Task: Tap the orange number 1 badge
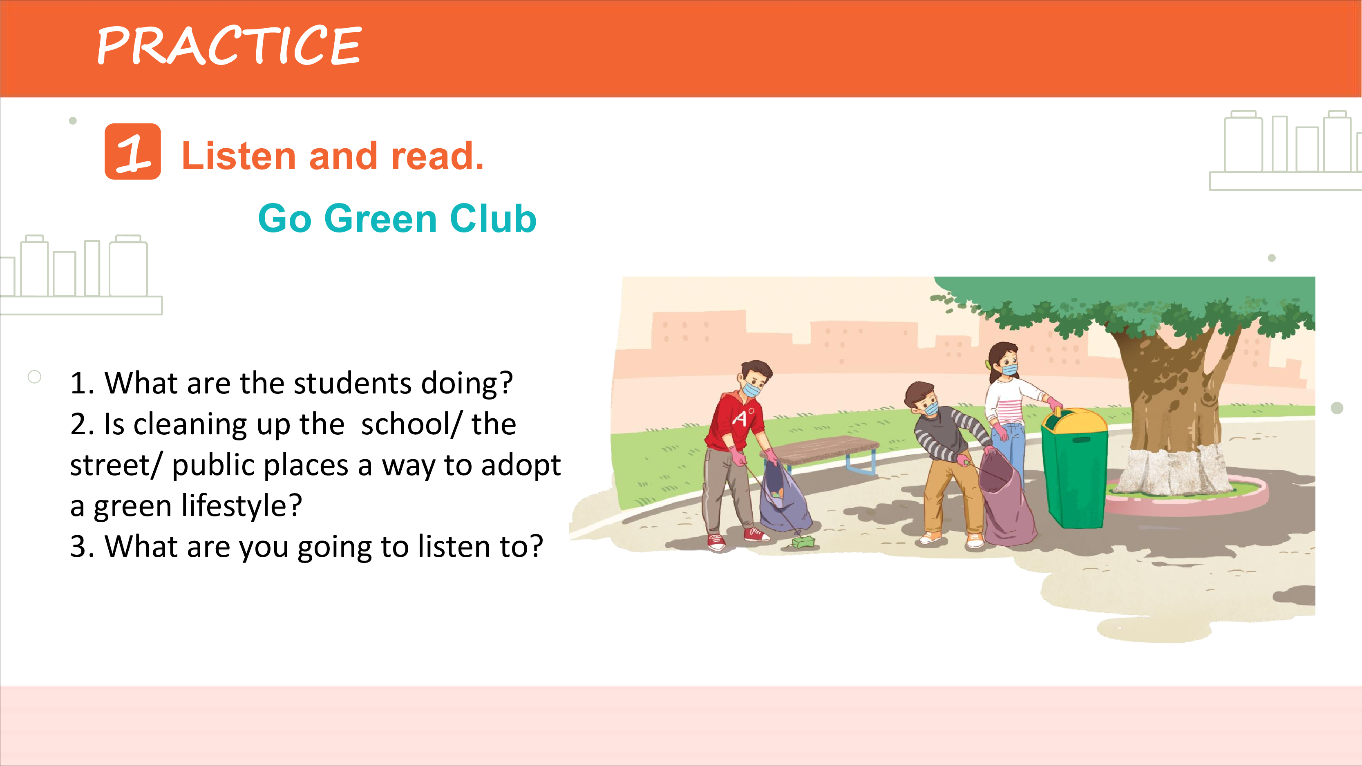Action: (133, 151)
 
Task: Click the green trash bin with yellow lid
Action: (1074, 468)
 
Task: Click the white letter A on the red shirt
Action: (740, 419)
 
